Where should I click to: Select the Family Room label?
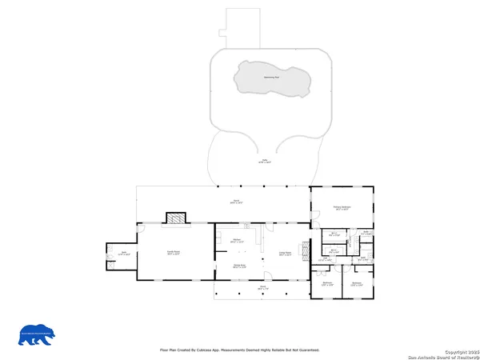point(172,252)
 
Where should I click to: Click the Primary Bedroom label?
point(342,208)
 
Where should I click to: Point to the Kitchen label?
point(238,241)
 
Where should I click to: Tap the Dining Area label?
point(239,266)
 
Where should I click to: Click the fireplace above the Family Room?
point(175,218)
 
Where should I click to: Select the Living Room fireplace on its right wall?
point(304,251)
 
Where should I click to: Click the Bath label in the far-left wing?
point(124,254)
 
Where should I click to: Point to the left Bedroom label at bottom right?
point(327,284)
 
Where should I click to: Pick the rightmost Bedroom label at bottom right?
point(357,284)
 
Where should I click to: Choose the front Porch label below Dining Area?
point(261,286)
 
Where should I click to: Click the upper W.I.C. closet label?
point(337,235)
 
